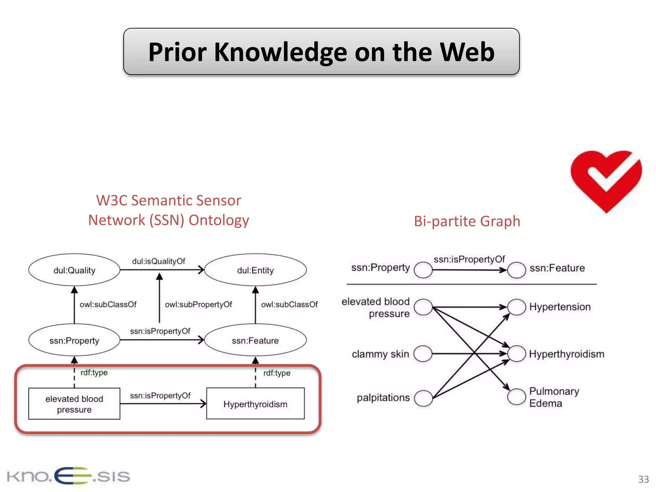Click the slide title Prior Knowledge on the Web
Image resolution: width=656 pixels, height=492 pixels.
[x=321, y=52]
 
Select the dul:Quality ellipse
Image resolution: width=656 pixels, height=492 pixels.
[x=74, y=270]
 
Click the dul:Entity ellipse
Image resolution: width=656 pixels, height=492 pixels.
[x=255, y=270]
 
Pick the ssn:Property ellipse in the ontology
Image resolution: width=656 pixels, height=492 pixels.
[x=74, y=340]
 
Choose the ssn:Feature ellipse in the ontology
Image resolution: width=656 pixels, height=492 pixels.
[x=255, y=340]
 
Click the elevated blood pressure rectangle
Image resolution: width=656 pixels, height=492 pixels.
[x=74, y=404]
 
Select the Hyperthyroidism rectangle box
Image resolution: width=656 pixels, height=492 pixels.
[x=255, y=404]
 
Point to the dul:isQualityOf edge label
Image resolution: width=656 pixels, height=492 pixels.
[x=159, y=261]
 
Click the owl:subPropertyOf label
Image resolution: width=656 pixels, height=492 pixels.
[x=198, y=304]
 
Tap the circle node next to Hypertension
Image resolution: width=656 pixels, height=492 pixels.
[x=516, y=307]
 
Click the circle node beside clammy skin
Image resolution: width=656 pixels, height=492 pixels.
[x=423, y=354]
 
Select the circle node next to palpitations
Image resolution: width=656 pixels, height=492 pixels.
[x=423, y=398]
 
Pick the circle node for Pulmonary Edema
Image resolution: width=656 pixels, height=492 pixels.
[x=516, y=397]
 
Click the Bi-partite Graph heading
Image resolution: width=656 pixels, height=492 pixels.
[x=467, y=221]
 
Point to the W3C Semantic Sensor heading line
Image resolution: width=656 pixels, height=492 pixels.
[x=168, y=201]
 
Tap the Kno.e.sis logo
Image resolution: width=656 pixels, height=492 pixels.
[x=68, y=476]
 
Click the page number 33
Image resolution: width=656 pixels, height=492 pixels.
[x=643, y=479]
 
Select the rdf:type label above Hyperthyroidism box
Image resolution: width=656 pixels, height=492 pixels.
[x=277, y=373]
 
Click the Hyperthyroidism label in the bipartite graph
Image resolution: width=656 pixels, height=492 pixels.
[x=566, y=354]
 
